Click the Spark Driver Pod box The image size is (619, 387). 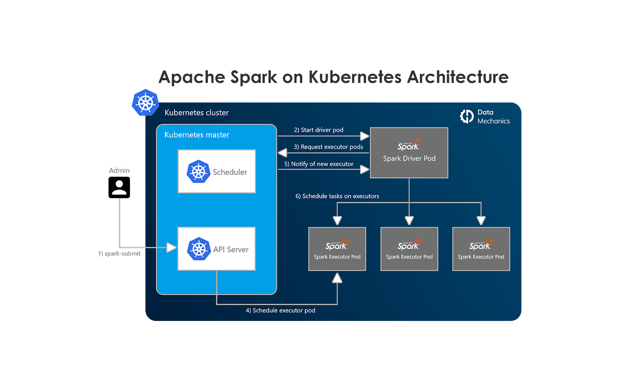pos(409,153)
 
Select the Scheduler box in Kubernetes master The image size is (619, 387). pos(217,171)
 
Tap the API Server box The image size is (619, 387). pos(217,249)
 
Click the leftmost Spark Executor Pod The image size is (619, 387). pos(337,249)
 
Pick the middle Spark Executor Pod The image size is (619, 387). pos(409,249)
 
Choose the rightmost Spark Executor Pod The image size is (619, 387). pos(481,249)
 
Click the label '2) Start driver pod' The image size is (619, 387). pos(319,130)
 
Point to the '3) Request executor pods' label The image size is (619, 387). pos(328,147)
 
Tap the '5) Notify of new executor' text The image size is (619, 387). pos(319,164)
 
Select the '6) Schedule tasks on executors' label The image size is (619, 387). pos(337,196)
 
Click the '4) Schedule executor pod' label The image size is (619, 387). pos(280,310)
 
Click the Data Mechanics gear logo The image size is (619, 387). pos(467,116)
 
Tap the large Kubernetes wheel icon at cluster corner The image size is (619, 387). pos(144,102)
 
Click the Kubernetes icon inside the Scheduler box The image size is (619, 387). pos(198,172)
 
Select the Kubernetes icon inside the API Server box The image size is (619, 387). pos(199,249)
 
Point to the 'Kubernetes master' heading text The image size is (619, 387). pos(196,135)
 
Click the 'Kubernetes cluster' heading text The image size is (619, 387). pos(196,113)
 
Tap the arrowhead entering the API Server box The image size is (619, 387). pos(172,248)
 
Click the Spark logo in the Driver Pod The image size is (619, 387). pos(408,145)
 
